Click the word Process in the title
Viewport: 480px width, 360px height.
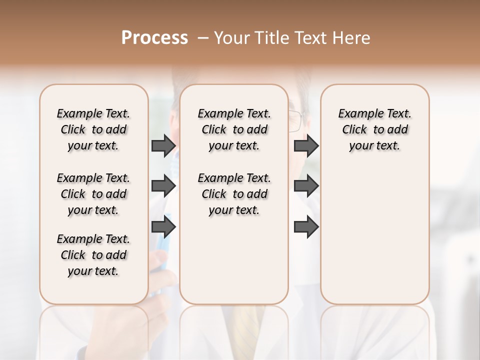pyautogui.click(x=154, y=38)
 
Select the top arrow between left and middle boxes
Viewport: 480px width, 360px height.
pyautogui.click(x=163, y=146)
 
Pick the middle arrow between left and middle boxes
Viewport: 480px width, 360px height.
pyautogui.click(x=163, y=186)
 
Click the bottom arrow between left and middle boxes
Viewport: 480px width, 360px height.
pyautogui.click(x=163, y=227)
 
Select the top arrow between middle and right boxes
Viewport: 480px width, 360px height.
pyautogui.click(x=306, y=146)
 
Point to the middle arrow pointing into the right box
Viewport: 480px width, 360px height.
pyautogui.click(x=306, y=186)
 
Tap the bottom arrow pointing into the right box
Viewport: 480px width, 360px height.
pyautogui.click(x=306, y=227)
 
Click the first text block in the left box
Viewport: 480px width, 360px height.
pyautogui.click(x=93, y=129)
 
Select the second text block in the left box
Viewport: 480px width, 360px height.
pyautogui.click(x=93, y=194)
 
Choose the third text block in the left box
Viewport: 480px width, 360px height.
pyautogui.click(x=93, y=255)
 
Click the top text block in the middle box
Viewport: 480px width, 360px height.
pyautogui.click(x=234, y=129)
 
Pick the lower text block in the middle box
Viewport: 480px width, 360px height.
pyautogui.click(x=234, y=194)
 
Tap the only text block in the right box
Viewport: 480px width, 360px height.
pyautogui.click(x=374, y=129)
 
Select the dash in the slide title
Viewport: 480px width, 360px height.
pyautogui.click(x=203, y=38)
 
